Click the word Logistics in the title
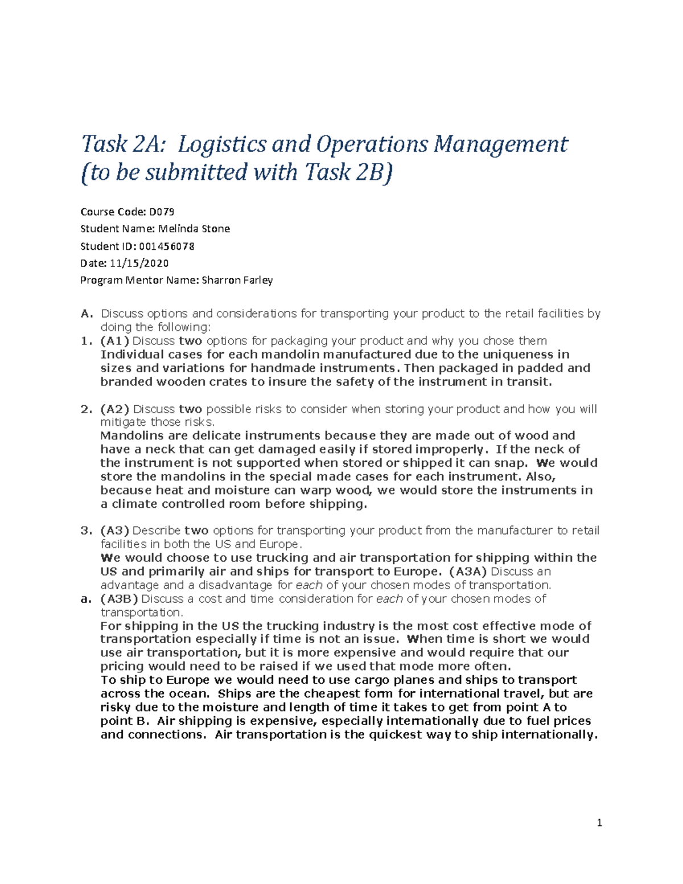click(221, 145)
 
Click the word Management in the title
click(500, 145)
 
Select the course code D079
click(162, 212)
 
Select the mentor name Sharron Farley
click(237, 280)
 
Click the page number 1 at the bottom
click(599, 823)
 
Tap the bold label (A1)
click(114, 341)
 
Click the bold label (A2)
click(114, 409)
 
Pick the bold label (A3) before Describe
click(114, 531)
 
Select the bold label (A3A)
click(468, 571)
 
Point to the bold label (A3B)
click(119, 599)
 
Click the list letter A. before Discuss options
click(86, 314)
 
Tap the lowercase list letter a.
click(86, 599)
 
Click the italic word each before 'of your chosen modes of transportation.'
click(310, 585)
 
